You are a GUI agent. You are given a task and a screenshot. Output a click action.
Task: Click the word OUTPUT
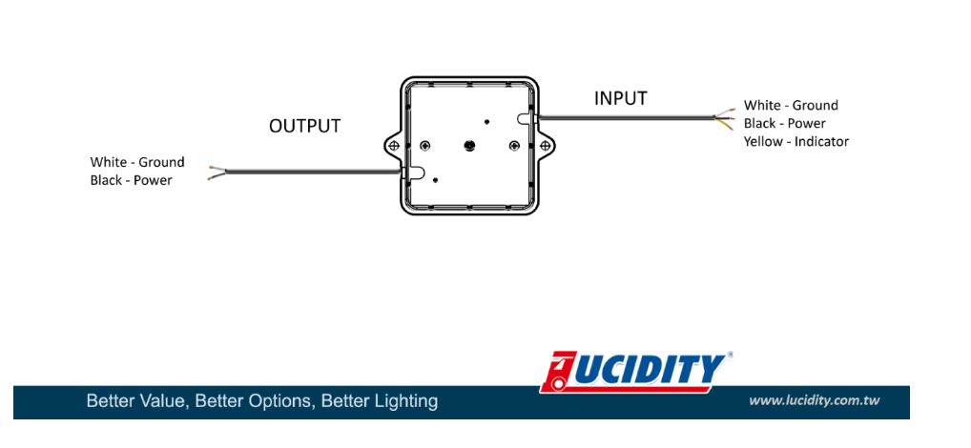(304, 126)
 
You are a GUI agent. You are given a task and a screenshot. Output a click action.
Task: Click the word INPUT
(620, 98)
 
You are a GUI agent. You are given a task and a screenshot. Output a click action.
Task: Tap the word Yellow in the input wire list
(764, 142)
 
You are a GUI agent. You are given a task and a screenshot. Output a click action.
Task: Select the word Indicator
(819, 142)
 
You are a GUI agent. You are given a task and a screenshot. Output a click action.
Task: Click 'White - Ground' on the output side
(137, 162)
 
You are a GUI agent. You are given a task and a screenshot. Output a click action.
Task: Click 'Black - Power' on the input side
(785, 124)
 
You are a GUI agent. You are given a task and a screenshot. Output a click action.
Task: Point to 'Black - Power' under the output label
(132, 180)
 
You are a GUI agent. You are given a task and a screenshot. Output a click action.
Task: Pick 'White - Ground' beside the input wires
(791, 106)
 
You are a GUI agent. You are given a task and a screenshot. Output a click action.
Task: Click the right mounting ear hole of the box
(545, 145)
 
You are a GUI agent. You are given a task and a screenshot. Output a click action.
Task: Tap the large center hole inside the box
(468, 145)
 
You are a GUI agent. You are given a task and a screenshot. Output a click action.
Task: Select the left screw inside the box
(424, 145)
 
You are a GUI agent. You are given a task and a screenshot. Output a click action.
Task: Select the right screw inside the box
(514, 145)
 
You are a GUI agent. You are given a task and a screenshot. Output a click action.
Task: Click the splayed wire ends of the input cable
(726, 118)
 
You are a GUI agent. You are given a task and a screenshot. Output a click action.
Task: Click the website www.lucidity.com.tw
(814, 400)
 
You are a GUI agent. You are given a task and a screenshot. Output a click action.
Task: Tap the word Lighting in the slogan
(404, 401)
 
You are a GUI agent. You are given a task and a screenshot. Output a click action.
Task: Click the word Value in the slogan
(160, 401)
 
